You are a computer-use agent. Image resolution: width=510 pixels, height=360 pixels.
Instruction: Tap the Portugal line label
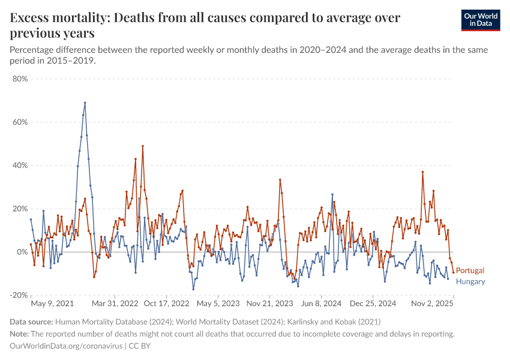(470, 271)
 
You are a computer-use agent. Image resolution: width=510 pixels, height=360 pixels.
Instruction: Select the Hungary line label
(470, 281)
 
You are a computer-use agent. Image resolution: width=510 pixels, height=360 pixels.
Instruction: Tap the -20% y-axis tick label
(19, 295)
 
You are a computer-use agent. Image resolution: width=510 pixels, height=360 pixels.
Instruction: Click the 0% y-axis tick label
(22, 252)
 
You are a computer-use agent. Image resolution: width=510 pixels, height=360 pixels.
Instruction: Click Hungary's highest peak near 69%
(85, 103)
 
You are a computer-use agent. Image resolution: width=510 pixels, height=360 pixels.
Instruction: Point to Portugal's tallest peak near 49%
(143, 146)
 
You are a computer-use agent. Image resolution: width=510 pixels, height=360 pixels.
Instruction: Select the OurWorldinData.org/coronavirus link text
(66, 346)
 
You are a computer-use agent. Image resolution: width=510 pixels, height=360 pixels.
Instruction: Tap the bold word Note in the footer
(19, 334)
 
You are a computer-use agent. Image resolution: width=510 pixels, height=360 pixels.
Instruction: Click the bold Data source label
(31, 322)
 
